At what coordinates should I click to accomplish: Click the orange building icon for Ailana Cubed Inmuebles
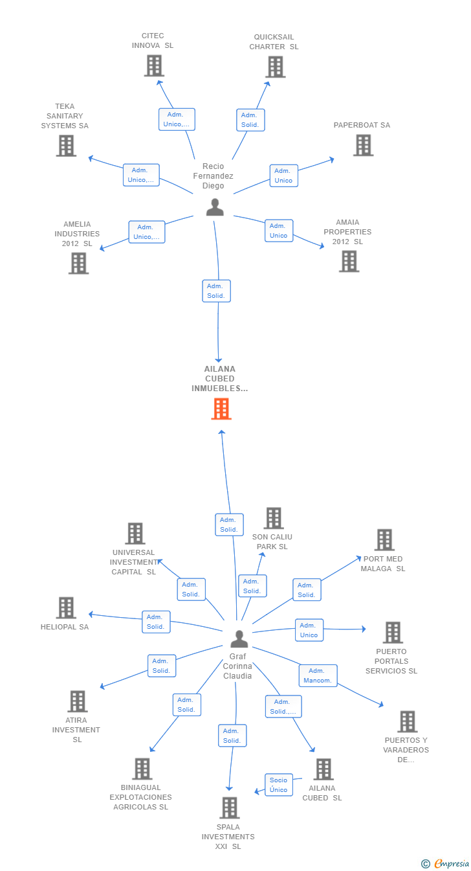(221, 409)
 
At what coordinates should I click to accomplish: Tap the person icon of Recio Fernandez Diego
(215, 207)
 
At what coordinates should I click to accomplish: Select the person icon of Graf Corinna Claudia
(239, 639)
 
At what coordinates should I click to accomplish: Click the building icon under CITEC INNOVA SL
(154, 65)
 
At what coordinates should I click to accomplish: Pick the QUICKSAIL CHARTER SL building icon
(276, 67)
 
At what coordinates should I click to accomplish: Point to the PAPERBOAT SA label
(362, 125)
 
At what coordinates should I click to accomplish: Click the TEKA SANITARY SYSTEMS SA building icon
(66, 146)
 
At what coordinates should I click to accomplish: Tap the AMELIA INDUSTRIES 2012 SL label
(77, 234)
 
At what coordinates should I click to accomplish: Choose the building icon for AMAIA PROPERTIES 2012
(349, 261)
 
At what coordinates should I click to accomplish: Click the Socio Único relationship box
(279, 785)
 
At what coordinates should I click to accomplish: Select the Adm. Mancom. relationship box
(318, 675)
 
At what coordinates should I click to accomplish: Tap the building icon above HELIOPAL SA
(66, 607)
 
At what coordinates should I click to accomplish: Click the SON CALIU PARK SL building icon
(274, 518)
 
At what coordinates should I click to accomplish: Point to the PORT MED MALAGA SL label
(383, 563)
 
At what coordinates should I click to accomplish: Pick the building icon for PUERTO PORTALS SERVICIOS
(393, 632)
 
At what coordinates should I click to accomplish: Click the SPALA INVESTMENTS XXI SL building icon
(230, 808)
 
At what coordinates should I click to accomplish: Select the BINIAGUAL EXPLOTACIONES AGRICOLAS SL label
(140, 797)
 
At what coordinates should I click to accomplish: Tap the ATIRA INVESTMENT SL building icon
(78, 701)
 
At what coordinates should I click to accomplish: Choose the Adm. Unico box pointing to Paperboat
(283, 175)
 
